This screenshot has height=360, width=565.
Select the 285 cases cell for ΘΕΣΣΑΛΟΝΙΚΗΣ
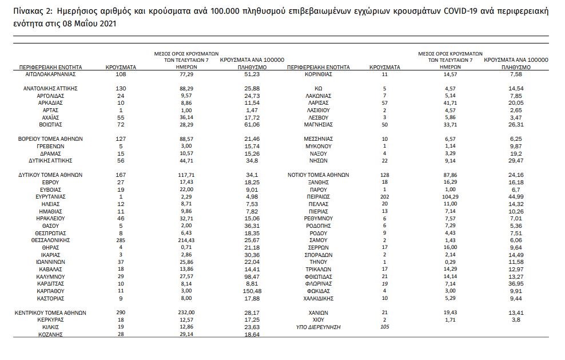[120, 240]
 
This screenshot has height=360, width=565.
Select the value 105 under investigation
[385, 327]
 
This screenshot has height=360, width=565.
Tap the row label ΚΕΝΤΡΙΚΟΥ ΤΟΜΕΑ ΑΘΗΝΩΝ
[51, 312]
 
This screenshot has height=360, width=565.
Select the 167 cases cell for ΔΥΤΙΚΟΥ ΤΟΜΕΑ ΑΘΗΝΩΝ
[120, 175]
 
